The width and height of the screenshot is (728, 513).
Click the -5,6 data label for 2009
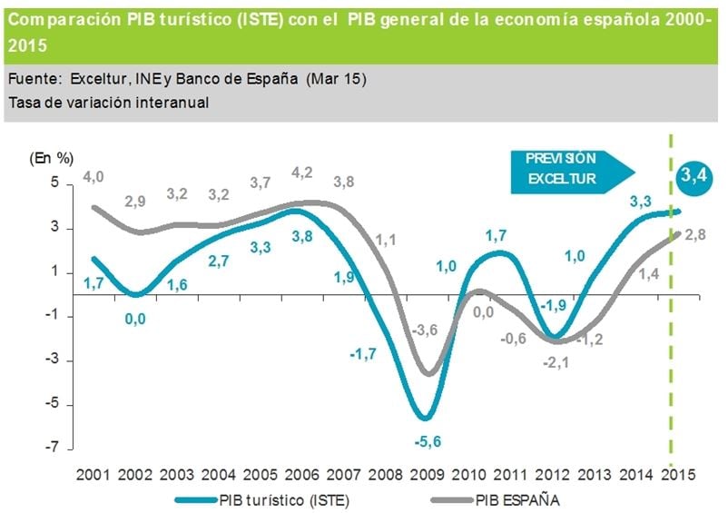tap(425, 442)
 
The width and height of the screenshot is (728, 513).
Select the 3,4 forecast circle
tap(694, 177)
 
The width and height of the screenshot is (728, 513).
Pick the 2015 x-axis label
tap(679, 474)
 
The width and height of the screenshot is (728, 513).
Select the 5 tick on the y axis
tap(54, 183)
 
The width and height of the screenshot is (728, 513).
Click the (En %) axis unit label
tap(51, 157)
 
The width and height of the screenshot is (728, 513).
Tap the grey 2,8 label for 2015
tap(695, 235)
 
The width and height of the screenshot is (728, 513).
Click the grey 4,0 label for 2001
tap(94, 176)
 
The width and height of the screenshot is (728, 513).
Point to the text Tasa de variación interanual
tap(108, 102)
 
